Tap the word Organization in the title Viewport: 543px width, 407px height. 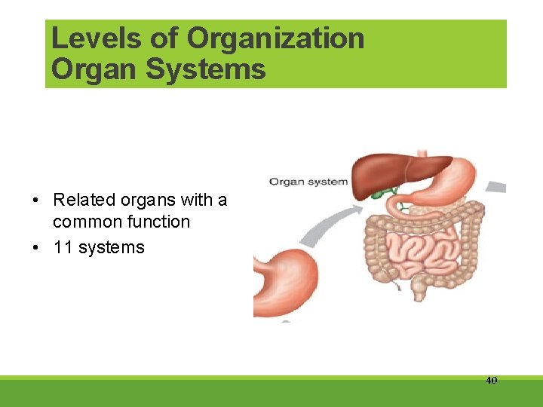click(276, 38)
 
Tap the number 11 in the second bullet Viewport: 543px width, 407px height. click(63, 247)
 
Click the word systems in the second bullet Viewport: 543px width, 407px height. click(109, 247)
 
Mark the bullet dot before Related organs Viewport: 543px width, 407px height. click(35, 200)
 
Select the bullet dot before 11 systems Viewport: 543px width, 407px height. click(35, 248)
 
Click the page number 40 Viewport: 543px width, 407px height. click(491, 381)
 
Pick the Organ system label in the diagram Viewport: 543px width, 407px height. click(308, 182)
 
